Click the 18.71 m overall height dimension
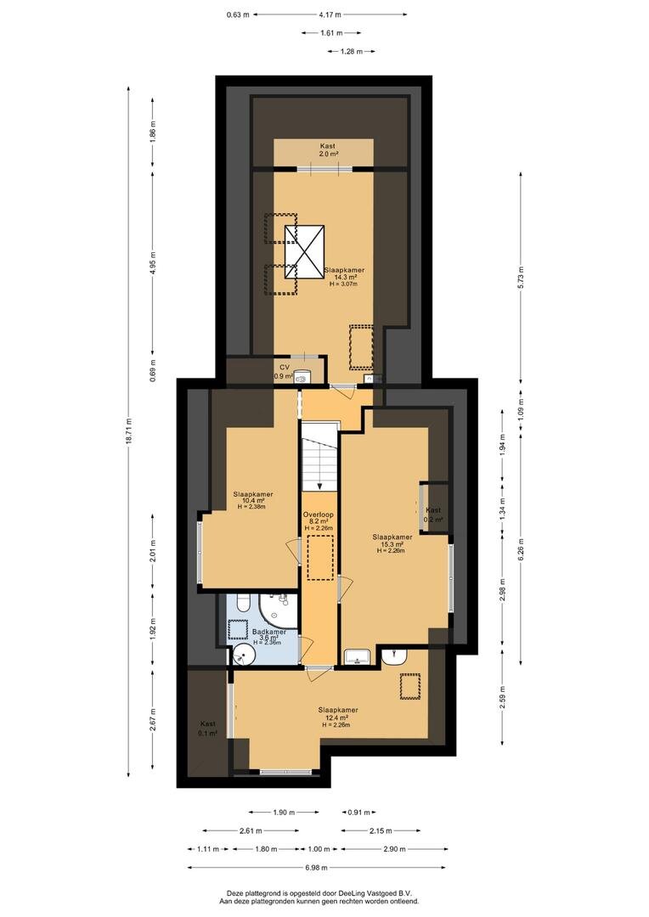click(x=128, y=431)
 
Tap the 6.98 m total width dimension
click(x=318, y=867)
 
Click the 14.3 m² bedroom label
click(x=345, y=277)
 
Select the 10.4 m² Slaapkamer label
click(x=253, y=501)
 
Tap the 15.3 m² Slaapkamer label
click(x=392, y=543)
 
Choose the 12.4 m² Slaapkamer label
click(x=338, y=717)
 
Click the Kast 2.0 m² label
click(x=328, y=149)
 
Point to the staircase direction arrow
click(x=319, y=485)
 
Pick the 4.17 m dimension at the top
click(x=330, y=14)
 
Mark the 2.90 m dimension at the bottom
click(x=394, y=848)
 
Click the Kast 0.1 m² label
click(x=208, y=729)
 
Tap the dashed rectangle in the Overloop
click(x=320, y=556)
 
